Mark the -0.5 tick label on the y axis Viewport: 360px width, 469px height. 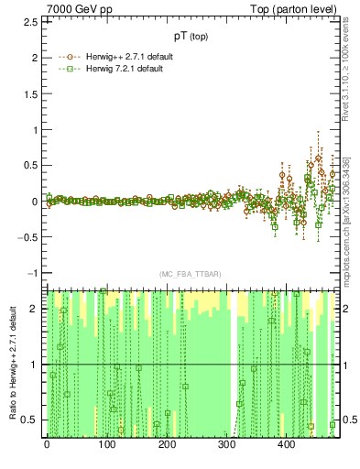click(x=29, y=237)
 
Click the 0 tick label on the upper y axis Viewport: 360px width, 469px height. click(x=37, y=202)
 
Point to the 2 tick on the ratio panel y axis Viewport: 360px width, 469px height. click(x=38, y=309)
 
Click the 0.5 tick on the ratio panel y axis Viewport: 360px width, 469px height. click(x=32, y=420)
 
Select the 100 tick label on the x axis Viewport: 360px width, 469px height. click(x=106, y=444)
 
